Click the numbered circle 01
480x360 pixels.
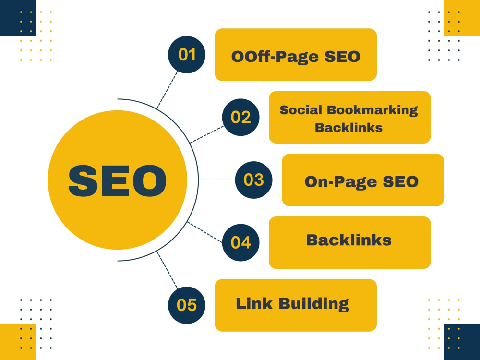186,55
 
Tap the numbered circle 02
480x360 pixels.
240,117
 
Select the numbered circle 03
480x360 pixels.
253,180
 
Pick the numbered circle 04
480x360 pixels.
240,242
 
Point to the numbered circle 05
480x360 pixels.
186,305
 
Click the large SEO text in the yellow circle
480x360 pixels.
117,180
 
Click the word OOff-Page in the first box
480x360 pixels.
275,57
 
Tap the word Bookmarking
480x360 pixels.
372,110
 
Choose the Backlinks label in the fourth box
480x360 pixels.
348,240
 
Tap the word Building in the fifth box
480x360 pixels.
314,304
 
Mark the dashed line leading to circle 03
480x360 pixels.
217,180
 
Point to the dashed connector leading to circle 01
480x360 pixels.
167,90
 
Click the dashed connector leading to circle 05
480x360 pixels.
167,270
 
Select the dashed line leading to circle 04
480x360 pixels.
204,232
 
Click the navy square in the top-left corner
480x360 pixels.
18,18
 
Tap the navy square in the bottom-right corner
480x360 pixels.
462,342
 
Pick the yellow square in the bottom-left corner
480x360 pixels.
18,342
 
